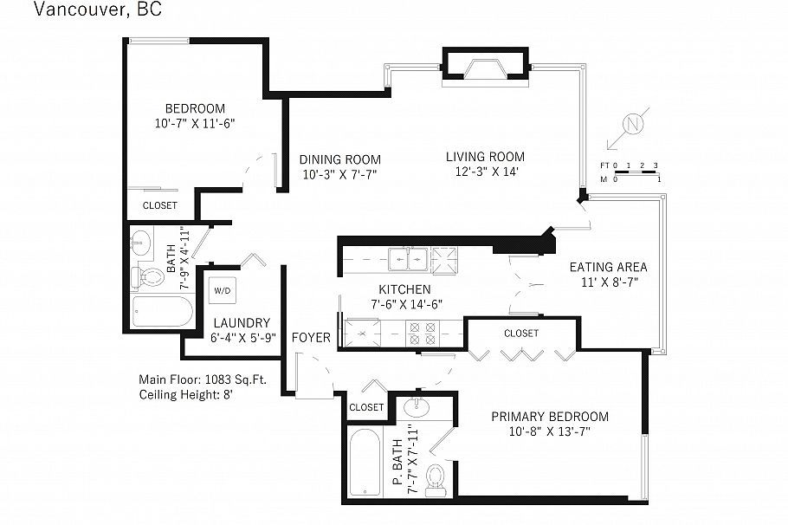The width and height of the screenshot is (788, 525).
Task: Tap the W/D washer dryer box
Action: pos(223,291)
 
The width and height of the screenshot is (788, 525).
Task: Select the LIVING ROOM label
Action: pos(485,157)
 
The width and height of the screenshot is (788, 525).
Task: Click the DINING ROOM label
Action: pos(339,159)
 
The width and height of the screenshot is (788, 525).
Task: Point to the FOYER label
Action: pos(310,337)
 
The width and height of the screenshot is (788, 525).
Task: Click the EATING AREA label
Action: pos(608,267)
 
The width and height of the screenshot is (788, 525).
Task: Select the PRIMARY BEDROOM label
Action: pos(549,416)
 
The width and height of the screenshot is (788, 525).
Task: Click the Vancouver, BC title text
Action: pos(97,10)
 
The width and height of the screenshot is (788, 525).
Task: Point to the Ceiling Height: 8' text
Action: pos(185,394)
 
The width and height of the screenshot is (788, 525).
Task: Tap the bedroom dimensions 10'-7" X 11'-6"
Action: pos(195,124)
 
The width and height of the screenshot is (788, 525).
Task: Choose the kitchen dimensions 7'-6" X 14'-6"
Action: pos(404,304)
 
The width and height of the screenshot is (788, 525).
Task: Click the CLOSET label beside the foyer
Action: pos(366,406)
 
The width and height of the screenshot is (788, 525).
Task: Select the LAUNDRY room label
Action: pos(242,322)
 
